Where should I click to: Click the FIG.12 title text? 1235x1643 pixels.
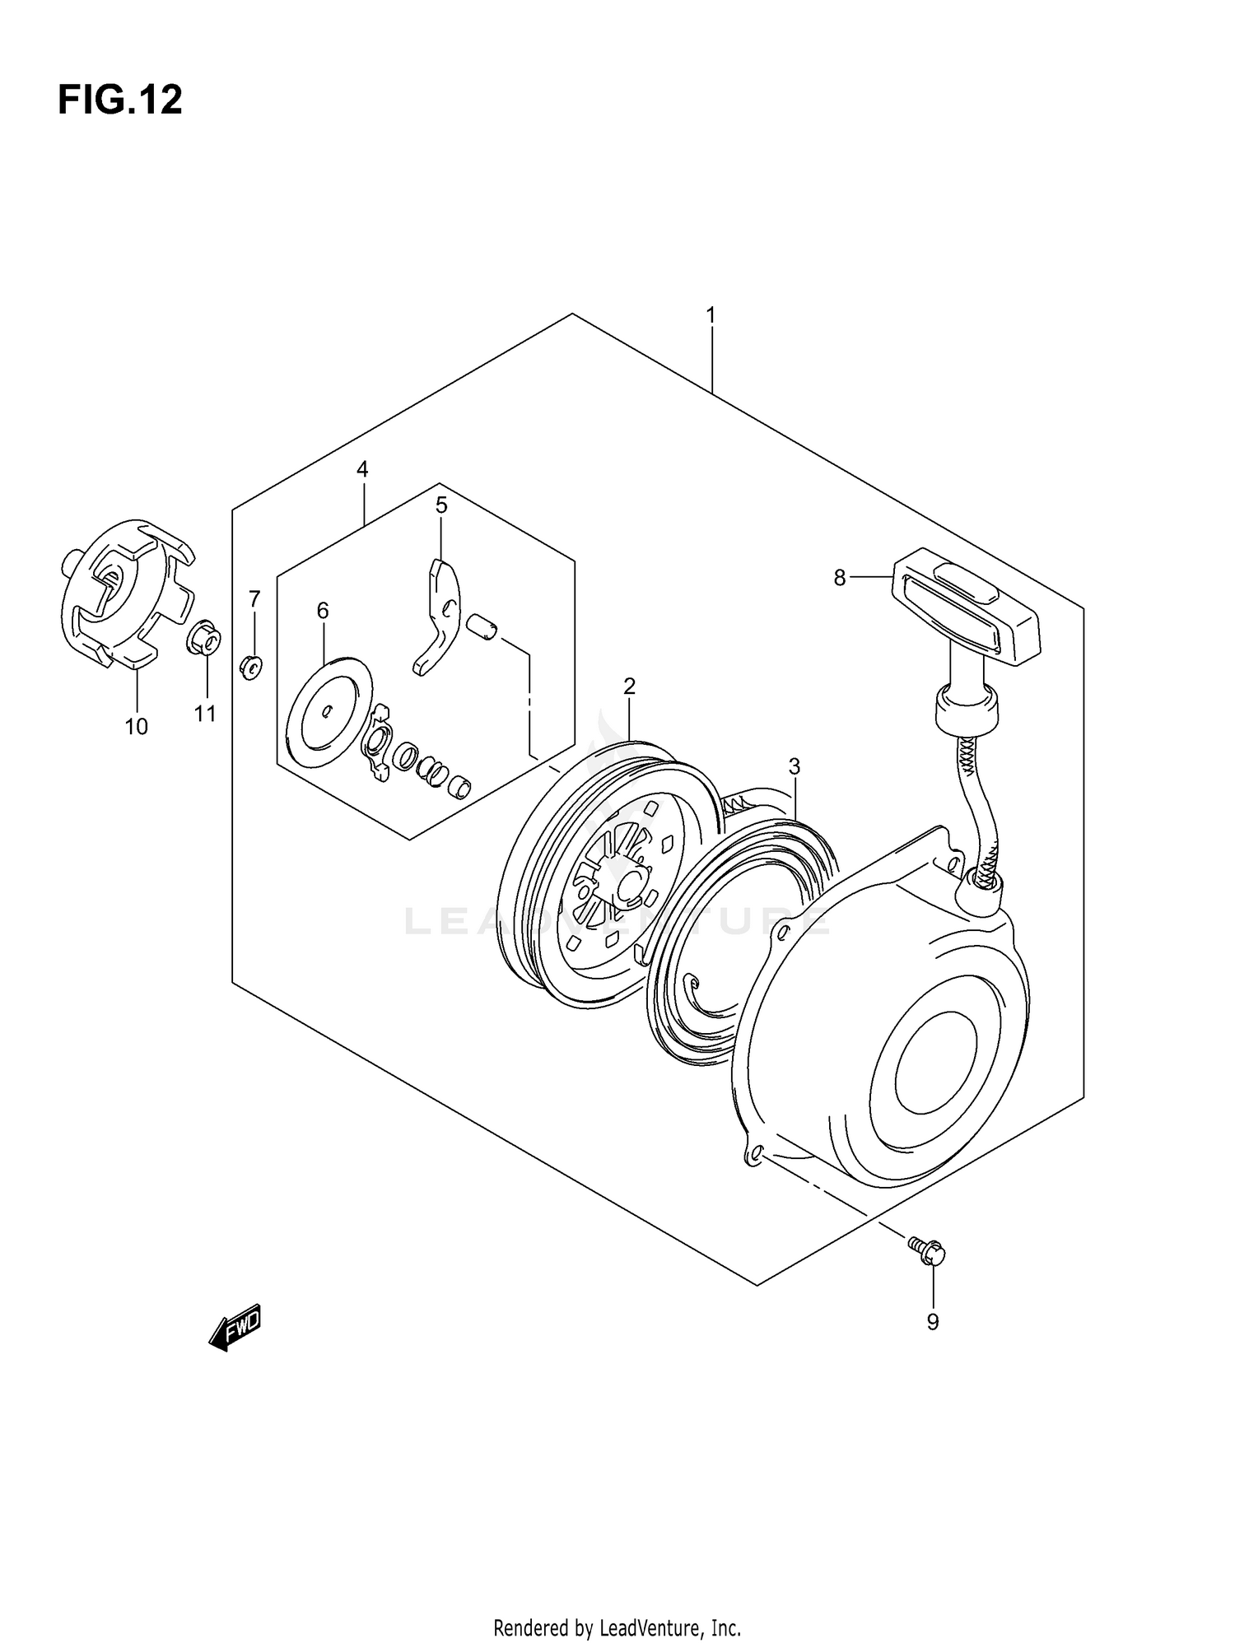tap(120, 100)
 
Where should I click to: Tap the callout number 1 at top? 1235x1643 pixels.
tap(711, 315)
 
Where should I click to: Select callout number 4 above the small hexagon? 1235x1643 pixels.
tap(362, 469)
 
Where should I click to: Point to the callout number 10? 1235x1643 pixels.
tap(137, 727)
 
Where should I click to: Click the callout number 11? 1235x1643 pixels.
tap(205, 714)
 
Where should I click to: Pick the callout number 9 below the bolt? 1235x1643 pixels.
tap(932, 1322)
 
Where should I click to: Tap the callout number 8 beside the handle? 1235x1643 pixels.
tap(839, 578)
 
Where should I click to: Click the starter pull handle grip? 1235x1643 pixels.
tap(967, 606)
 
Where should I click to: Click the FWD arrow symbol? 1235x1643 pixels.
tap(236, 1326)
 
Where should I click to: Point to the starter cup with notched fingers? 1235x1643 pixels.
tap(128, 593)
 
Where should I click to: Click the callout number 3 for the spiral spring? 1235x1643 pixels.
tap(794, 766)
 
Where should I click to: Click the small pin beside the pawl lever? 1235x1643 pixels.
tap(482, 626)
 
